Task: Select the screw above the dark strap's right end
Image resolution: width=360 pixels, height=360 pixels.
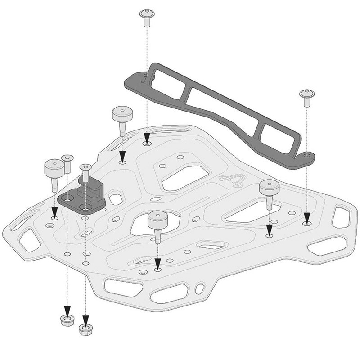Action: tap(307, 97)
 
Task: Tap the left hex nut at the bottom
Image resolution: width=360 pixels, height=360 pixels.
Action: tap(67, 320)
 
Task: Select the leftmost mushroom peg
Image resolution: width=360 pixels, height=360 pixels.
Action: tap(54, 171)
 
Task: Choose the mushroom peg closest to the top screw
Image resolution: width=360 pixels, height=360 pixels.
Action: tap(122, 118)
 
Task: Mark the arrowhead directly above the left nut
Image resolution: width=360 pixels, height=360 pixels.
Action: tap(67, 311)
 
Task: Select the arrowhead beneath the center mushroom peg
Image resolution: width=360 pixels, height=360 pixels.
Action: tap(157, 262)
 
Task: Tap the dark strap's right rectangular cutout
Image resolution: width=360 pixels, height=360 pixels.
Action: tap(277, 135)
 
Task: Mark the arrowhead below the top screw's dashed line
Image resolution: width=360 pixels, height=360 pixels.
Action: tap(147, 138)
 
